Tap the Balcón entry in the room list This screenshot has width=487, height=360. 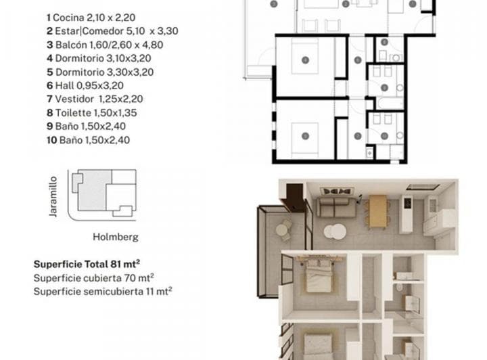click(105, 45)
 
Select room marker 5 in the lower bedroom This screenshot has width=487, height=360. click(305, 136)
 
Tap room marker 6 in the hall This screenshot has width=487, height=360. click(357, 60)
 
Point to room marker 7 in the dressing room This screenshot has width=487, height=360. click(357, 136)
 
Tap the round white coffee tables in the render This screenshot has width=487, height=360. click(333, 231)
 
